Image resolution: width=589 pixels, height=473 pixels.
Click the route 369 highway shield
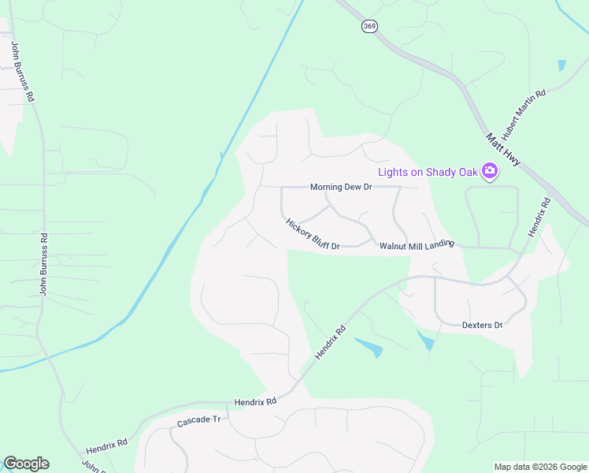(369, 27)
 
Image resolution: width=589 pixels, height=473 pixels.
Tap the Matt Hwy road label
(502, 149)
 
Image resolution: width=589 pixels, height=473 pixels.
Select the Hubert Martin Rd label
(524, 114)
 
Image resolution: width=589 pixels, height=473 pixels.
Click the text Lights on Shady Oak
(428, 172)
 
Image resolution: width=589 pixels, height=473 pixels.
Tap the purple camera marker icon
(490, 170)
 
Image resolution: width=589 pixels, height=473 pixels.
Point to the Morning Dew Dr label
(340, 187)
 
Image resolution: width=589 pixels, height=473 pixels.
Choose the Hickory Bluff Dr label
(312, 235)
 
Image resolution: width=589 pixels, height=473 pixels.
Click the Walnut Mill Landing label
(417, 246)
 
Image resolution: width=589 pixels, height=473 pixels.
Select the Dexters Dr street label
(482, 325)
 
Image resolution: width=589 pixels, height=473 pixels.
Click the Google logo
(26, 464)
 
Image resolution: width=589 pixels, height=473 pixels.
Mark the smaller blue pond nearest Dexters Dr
(425, 340)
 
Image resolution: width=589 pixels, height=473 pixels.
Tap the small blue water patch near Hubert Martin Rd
(561, 65)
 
